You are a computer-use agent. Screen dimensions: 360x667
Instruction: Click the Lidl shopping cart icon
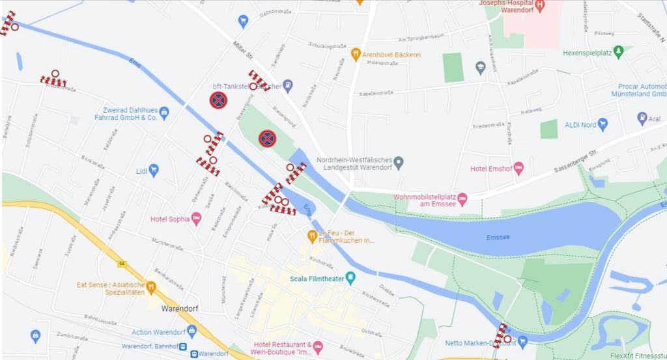154,170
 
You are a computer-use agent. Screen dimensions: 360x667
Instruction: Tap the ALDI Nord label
580,124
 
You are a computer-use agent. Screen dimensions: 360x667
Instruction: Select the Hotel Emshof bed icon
518,169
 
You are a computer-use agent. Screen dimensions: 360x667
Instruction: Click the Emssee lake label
499,238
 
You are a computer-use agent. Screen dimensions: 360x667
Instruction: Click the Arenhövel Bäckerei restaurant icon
356,54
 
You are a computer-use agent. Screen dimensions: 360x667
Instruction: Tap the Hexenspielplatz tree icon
619,51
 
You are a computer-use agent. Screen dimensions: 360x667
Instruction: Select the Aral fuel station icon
642,118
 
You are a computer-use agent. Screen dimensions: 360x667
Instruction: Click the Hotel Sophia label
170,219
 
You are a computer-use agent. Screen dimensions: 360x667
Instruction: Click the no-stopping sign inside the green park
267,138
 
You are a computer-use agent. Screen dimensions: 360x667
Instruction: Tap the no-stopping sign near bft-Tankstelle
218,100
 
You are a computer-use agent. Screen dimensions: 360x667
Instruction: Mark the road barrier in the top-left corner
8,23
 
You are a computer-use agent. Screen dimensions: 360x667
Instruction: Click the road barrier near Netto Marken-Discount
500,335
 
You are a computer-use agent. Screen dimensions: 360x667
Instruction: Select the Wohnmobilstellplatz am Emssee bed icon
462,197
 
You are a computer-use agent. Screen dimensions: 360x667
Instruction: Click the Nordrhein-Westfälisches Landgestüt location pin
399,161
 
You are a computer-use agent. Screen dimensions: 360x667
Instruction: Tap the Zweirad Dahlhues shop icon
164,113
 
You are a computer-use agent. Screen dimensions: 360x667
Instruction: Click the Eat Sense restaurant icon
151,286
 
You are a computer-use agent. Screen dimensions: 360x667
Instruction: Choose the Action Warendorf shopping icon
192,332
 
